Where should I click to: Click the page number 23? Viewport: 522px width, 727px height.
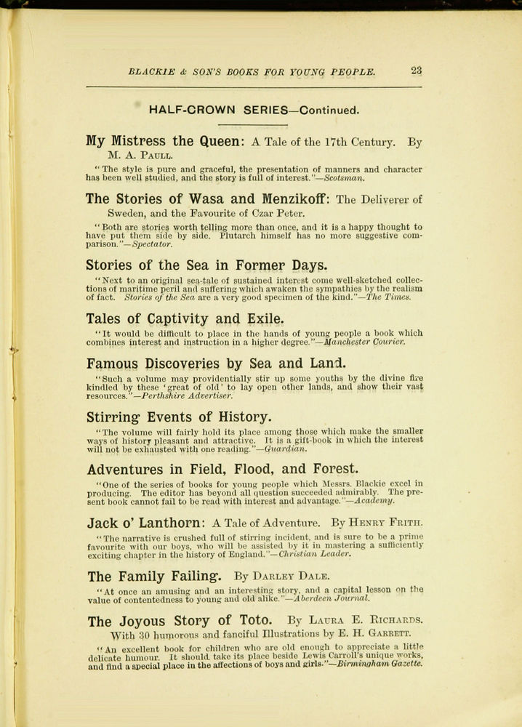pos(416,71)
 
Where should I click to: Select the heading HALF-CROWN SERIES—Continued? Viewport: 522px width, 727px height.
pos(254,111)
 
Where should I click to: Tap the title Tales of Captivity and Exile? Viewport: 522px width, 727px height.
pos(184,318)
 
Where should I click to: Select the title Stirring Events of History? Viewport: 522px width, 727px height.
pos(178,417)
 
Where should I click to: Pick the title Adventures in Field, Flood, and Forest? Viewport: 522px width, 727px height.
pos(222,469)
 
